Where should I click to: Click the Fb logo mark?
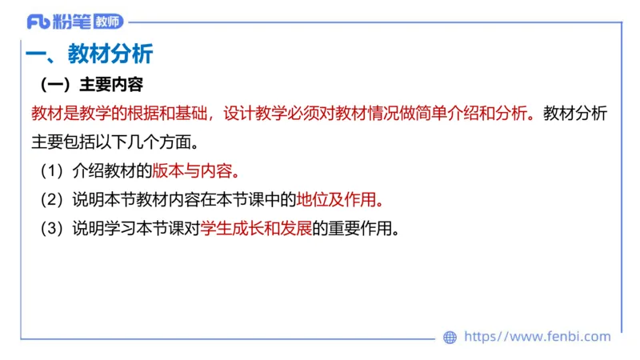(x=37, y=22)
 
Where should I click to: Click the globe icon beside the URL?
(x=450, y=337)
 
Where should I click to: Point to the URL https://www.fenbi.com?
(x=537, y=337)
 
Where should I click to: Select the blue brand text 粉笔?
(x=72, y=22)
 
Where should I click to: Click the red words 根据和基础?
(x=163, y=113)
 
